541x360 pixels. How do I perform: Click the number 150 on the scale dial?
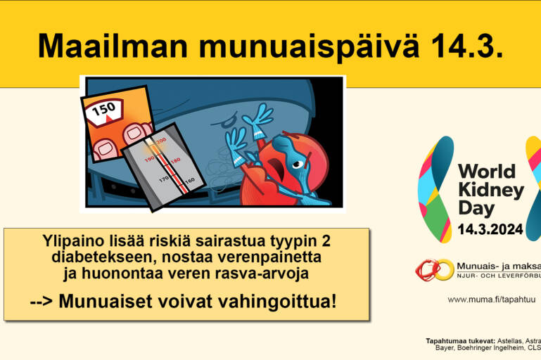[104, 110]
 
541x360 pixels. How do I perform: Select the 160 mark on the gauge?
[189, 181]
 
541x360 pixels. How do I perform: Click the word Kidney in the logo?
[490, 190]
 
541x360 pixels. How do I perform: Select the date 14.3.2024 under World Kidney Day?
[490, 229]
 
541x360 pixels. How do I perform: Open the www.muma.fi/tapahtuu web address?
[491, 299]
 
